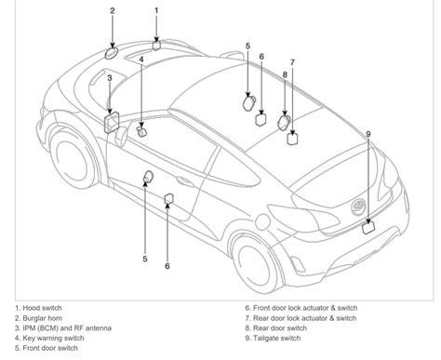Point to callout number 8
point(285,73)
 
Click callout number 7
point(292,62)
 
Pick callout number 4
point(141,60)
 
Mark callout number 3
point(110,78)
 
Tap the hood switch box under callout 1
point(156,43)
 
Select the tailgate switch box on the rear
point(368,223)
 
